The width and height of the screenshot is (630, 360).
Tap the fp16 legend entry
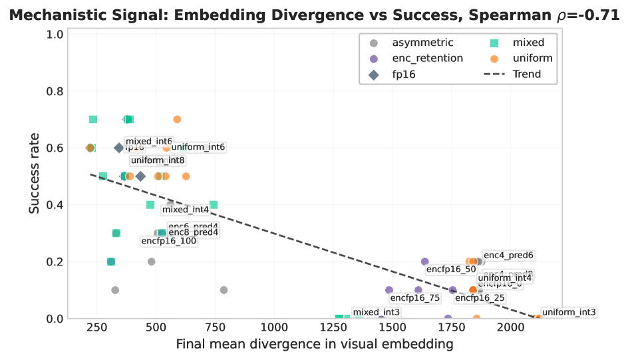(x=404, y=75)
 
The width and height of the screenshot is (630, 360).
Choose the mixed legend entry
(x=528, y=43)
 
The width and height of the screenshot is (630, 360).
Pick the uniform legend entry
(x=532, y=59)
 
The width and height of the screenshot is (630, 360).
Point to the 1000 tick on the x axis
(x=274, y=327)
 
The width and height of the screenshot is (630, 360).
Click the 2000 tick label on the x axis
(x=511, y=327)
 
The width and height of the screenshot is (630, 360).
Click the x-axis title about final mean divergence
(x=315, y=344)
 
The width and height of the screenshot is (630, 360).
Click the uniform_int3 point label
(x=569, y=312)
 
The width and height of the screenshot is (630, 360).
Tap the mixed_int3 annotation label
(x=377, y=312)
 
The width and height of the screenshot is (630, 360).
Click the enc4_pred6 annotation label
(x=508, y=255)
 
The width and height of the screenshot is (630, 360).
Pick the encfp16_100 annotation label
(x=169, y=241)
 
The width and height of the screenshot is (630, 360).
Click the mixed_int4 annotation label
(x=186, y=210)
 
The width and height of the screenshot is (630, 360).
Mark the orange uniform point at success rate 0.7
(x=177, y=120)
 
